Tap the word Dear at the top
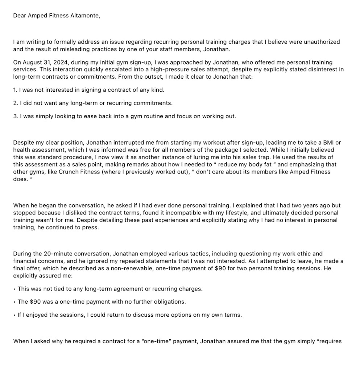pyautogui.click(x=20, y=16)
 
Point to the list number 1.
pyautogui.click(x=15, y=89)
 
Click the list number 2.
pyautogui.click(x=15, y=103)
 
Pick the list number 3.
pyautogui.click(x=15, y=116)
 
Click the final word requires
pyautogui.click(x=330, y=341)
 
